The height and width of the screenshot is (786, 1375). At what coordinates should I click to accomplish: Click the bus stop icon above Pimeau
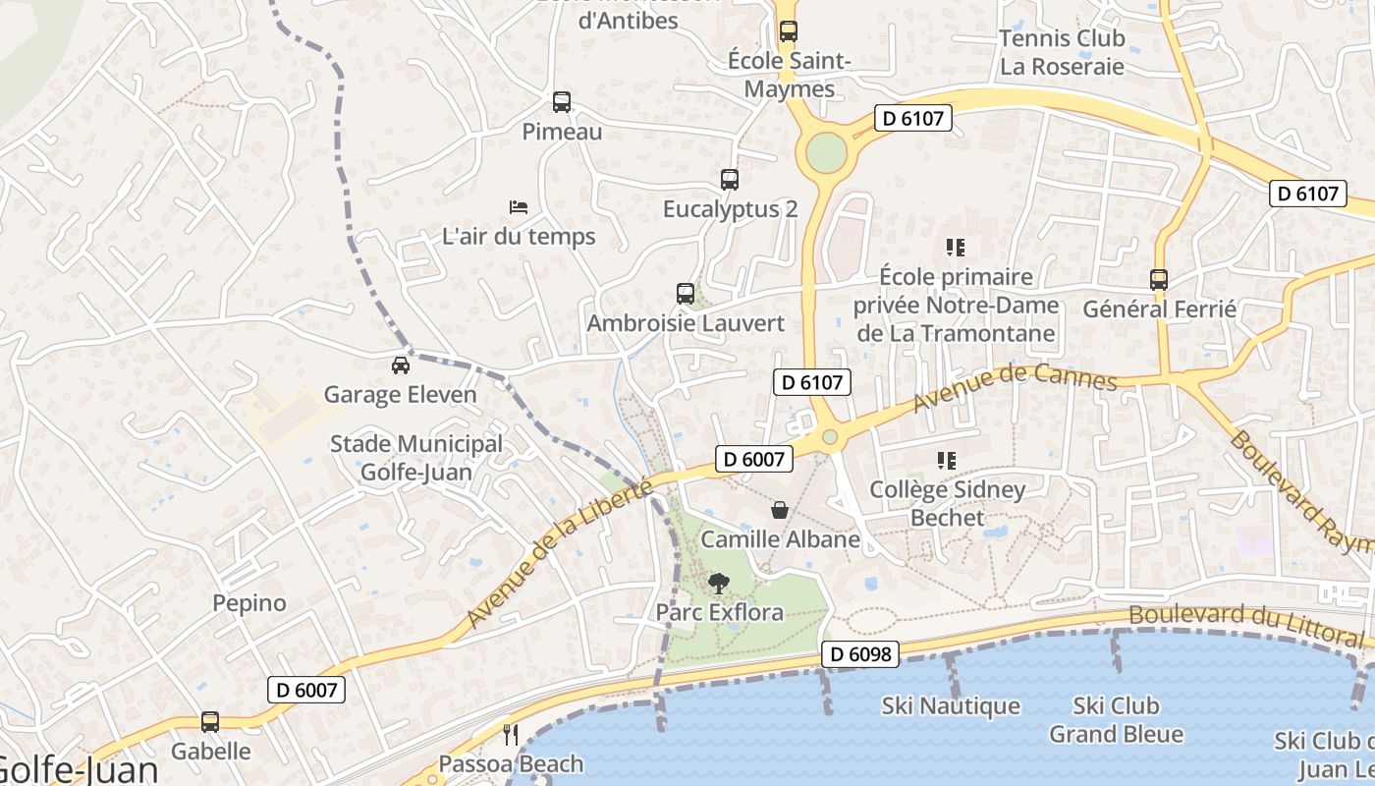(561, 102)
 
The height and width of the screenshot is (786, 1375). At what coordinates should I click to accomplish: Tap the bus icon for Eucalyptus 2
(729, 180)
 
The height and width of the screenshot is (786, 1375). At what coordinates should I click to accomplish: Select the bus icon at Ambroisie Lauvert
(685, 294)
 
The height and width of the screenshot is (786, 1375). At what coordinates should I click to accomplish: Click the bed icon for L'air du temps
(519, 207)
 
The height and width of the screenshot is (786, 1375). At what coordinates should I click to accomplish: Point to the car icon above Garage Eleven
(400, 365)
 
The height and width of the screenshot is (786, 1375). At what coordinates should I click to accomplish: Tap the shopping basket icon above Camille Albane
(780, 510)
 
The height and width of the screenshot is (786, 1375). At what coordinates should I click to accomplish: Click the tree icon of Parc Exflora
(719, 584)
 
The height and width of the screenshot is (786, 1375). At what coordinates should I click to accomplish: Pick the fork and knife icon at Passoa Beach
(510, 735)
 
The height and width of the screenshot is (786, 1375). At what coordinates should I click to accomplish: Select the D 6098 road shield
(860, 654)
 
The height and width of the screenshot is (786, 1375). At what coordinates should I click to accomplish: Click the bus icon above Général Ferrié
(1159, 280)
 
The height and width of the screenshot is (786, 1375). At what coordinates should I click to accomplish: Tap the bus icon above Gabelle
(210, 722)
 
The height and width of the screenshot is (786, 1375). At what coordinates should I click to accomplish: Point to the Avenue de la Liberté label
(559, 554)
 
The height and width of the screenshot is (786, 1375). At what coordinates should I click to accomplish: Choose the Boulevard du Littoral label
(1245, 626)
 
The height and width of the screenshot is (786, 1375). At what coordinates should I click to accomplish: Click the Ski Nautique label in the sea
(951, 706)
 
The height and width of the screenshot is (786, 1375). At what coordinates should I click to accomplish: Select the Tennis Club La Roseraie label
(1061, 53)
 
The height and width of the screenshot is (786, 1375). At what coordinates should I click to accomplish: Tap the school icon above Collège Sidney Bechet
(947, 460)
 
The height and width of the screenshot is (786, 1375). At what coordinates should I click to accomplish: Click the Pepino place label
(249, 603)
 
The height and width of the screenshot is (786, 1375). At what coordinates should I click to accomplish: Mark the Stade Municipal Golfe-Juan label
(415, 458)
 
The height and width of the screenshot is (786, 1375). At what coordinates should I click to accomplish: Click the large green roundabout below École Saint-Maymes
(826, 152)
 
